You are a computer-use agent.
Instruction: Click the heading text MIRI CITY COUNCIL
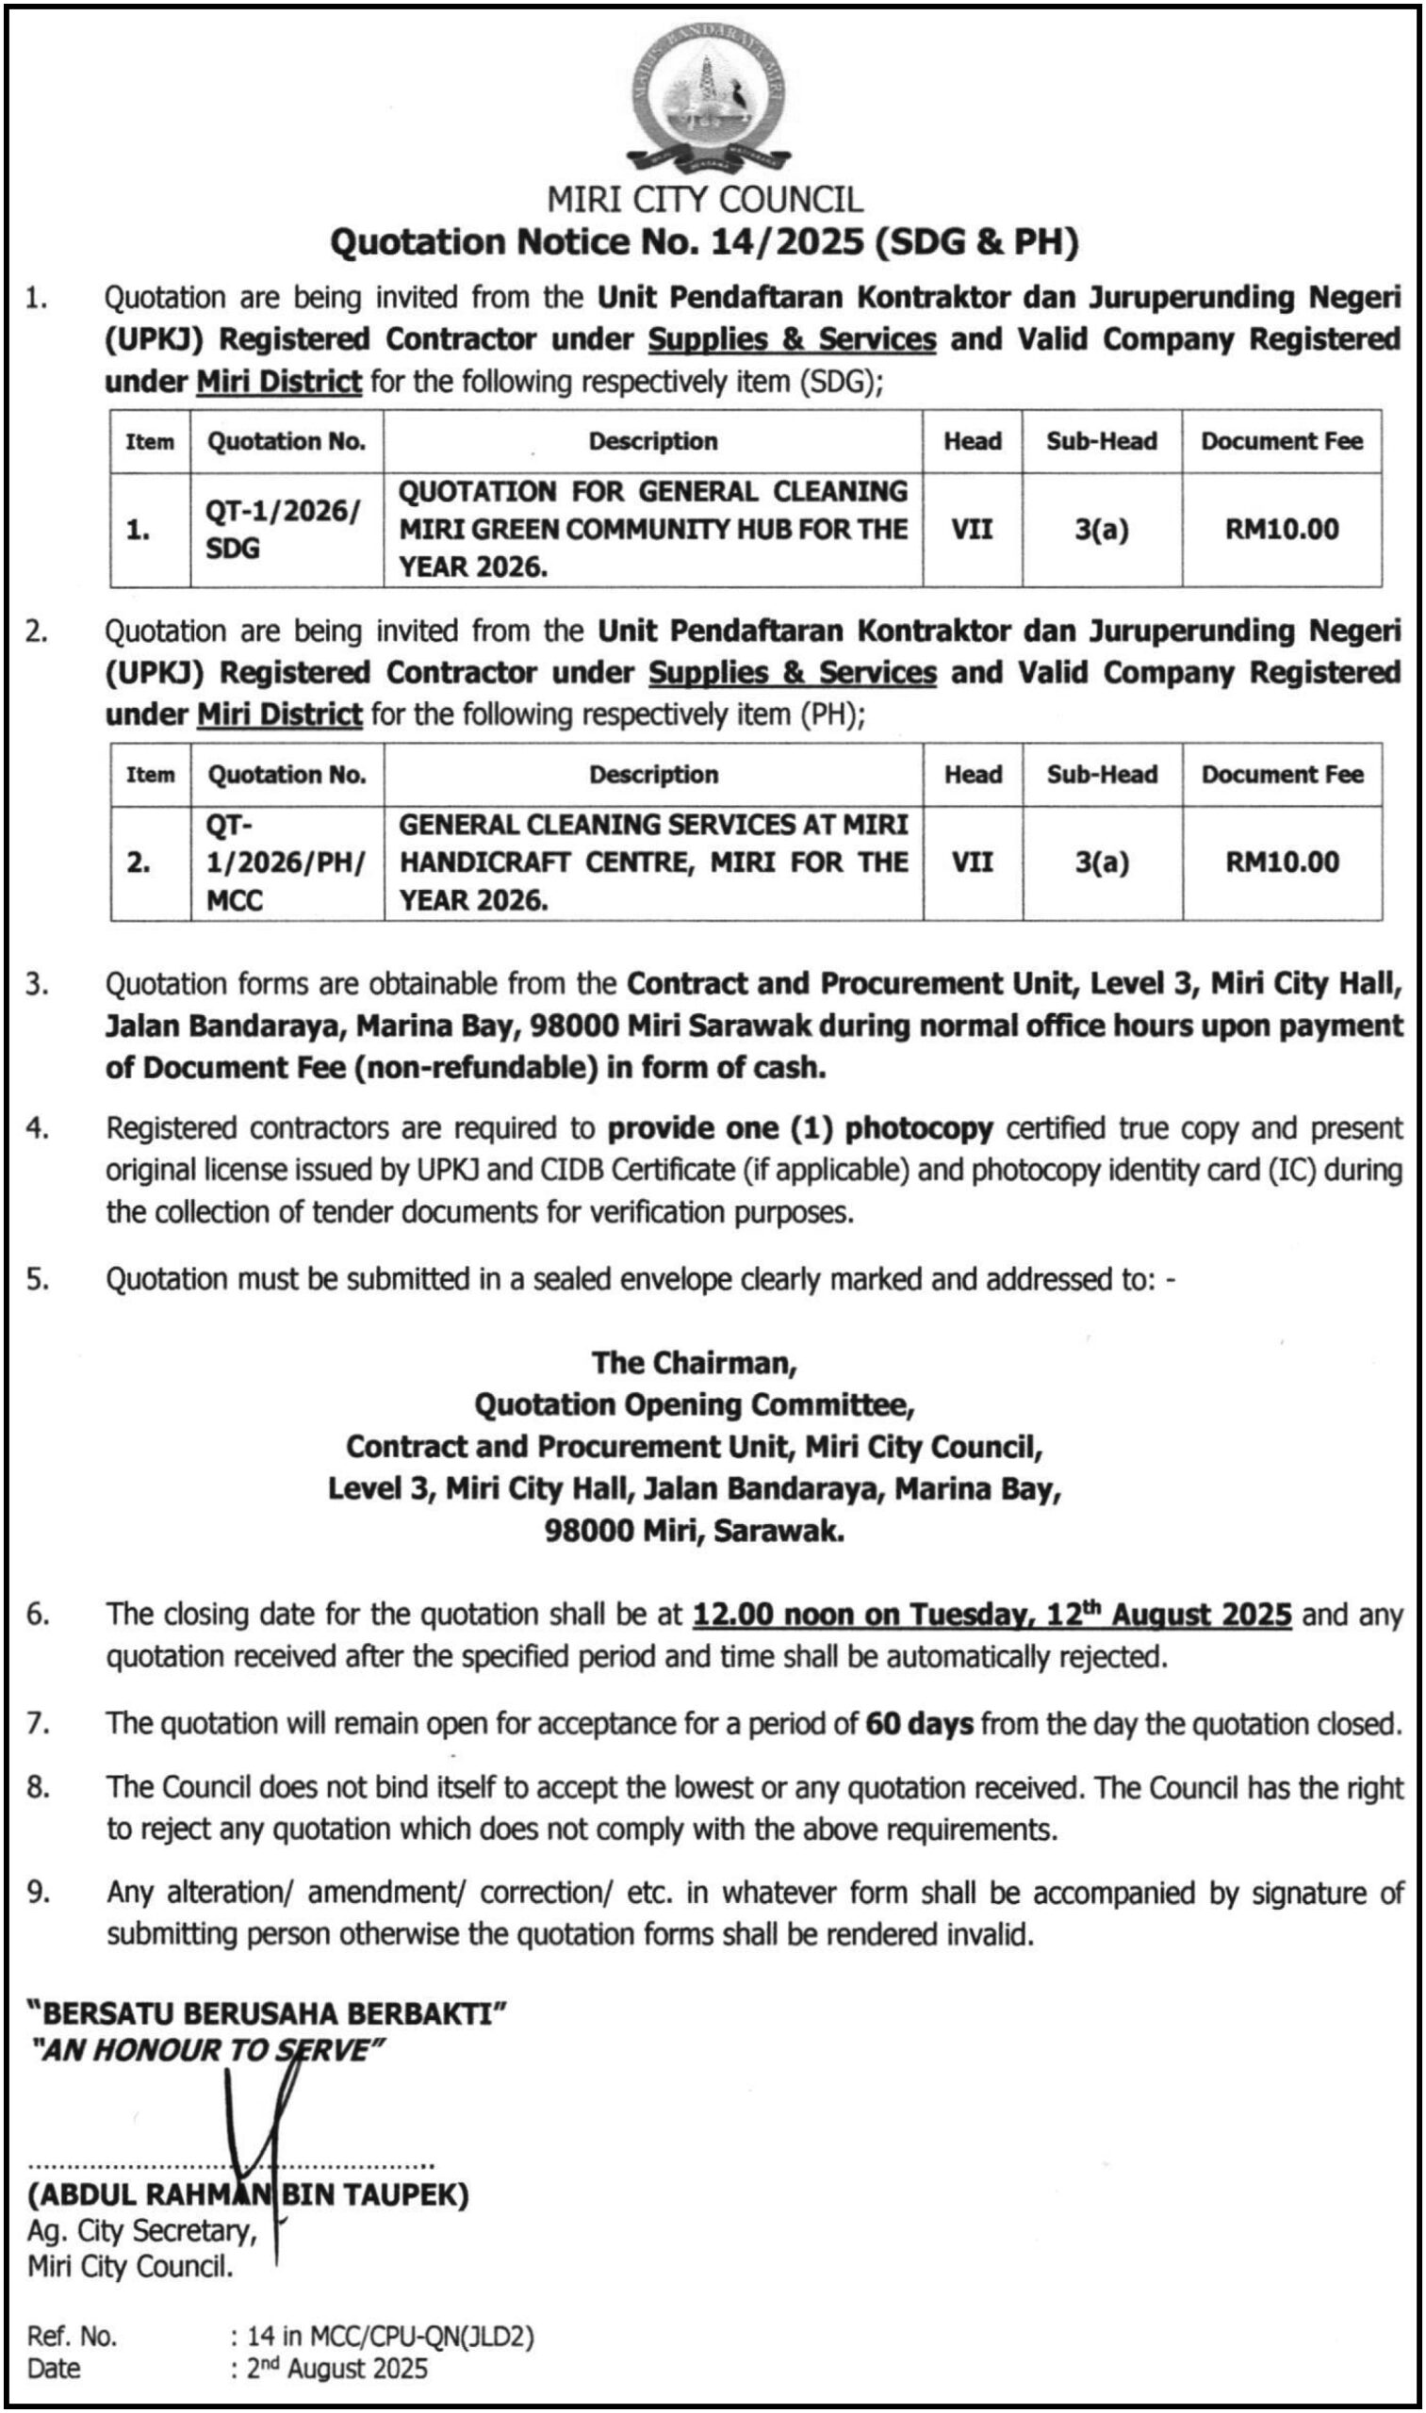click(705, 200)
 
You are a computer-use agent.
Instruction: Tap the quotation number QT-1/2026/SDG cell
click(285, 530)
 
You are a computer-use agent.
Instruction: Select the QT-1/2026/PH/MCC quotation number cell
click(286, 862)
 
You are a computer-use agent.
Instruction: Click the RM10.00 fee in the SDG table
click(1281, 530)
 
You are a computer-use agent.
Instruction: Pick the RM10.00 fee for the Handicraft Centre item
click(1282, 862)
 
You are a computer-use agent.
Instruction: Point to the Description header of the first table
click(652, 441)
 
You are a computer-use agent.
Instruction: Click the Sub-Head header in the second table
click(1101, 775)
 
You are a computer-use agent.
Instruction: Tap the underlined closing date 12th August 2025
click(991, 1614)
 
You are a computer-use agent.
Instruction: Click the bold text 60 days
click(919, 1724)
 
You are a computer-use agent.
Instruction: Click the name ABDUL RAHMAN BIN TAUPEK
click(248, 2195)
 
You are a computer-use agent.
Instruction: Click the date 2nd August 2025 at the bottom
click(336, 2369)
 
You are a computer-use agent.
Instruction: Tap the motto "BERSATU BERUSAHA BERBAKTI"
click(266, 2013)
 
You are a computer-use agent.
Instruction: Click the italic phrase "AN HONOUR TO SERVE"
click(206, 2050)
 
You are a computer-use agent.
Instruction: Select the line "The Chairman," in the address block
click(694, 1363)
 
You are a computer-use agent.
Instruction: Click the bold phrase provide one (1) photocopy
click(799, 1128)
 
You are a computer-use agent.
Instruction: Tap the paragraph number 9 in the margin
click(37, 1892)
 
